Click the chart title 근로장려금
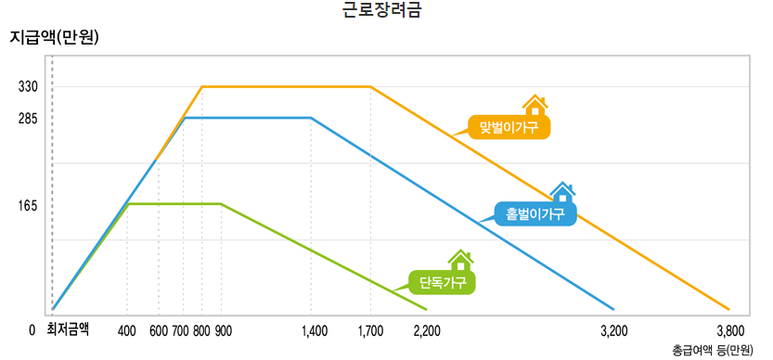(386, 12)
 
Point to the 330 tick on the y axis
(28, 87)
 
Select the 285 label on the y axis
(28, 119)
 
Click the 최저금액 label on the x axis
(68, 328)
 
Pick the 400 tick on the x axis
(127, 329)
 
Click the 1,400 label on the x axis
(315, 329)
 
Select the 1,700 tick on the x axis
(370, 329)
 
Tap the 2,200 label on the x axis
(427, 329)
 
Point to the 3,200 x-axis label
(614, 329)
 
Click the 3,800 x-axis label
(730, 329)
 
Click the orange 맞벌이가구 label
(509, 127)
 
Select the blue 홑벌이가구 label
(535, 214)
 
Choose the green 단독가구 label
(442, 281)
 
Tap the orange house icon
(535, 106)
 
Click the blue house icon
(561, 193)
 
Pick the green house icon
(460, 260)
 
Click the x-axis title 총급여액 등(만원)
(714, 350)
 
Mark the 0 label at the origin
(32, 329)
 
